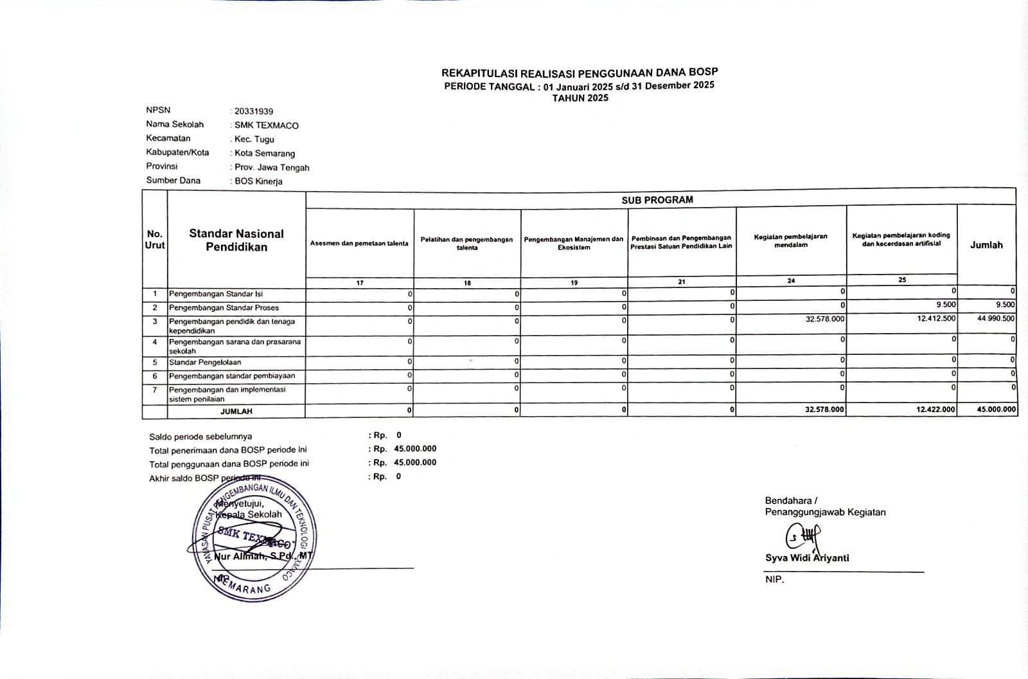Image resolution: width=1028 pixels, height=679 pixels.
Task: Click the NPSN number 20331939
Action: click(x=254, y=111)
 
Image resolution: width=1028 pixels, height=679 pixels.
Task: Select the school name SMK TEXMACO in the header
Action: click(x=267, y=125)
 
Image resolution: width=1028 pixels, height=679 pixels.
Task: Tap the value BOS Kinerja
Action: click(x=258, y=181)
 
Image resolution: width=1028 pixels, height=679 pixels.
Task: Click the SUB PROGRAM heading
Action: click(x=657, y=200)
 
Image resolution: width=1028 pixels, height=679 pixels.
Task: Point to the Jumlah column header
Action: click(x=986, y=245)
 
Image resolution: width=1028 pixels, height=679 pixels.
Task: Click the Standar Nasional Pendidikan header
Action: click(x=236, y=240)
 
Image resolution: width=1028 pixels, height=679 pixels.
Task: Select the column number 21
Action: click(x=681, y=282)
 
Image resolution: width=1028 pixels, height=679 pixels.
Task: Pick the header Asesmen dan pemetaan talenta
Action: click(x=359, y=244)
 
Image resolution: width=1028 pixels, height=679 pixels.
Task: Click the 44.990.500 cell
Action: click(x=996, y=319)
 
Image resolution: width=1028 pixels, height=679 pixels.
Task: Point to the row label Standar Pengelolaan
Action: click(x=205, y=363)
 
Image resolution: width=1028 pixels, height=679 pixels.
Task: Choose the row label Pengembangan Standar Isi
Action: click(x=216, y=294)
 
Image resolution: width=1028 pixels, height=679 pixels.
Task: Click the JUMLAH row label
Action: click(x=236, y=411)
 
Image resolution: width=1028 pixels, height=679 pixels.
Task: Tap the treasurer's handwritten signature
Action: click(x=802, y=536)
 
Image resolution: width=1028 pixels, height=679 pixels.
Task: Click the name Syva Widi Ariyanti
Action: click(x=807, y=558)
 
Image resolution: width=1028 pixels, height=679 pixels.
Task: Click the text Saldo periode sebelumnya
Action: click(x=200, y=437)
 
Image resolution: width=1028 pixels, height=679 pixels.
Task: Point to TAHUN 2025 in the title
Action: click(x=580, y=98)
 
